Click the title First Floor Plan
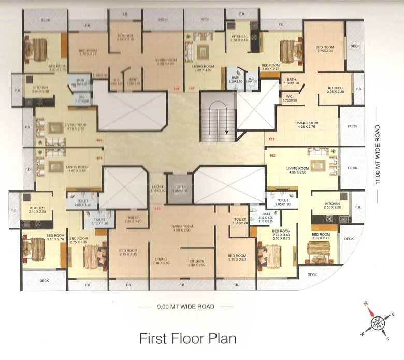pyautogui.click(x=187, y=338)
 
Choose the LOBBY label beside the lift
pyautogui.click(x=157, y=189)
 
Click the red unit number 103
pyautogui.click(x=158, y=209)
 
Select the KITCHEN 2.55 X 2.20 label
pyautogui.click(x=332, y=205)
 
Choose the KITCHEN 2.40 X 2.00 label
pyautogui.click(x=197, y=263)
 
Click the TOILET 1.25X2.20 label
pyautogui.click(x=239, y=221)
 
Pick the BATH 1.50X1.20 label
pyautogui.click(x=292, y=81)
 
